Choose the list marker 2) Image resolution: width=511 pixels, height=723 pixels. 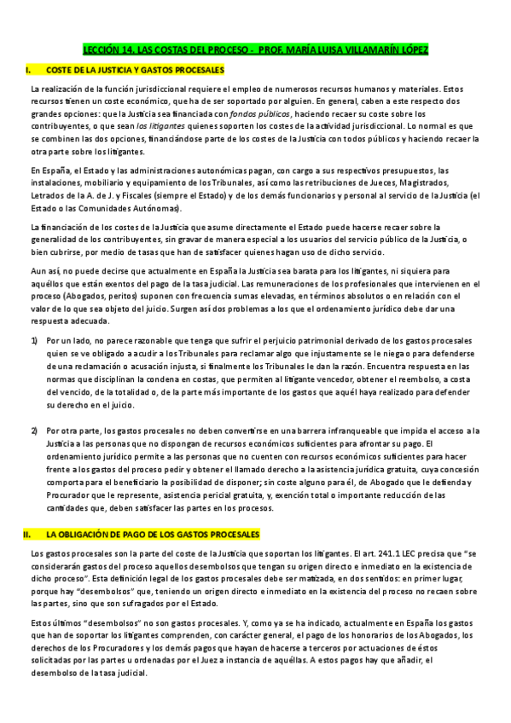[35, 431]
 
